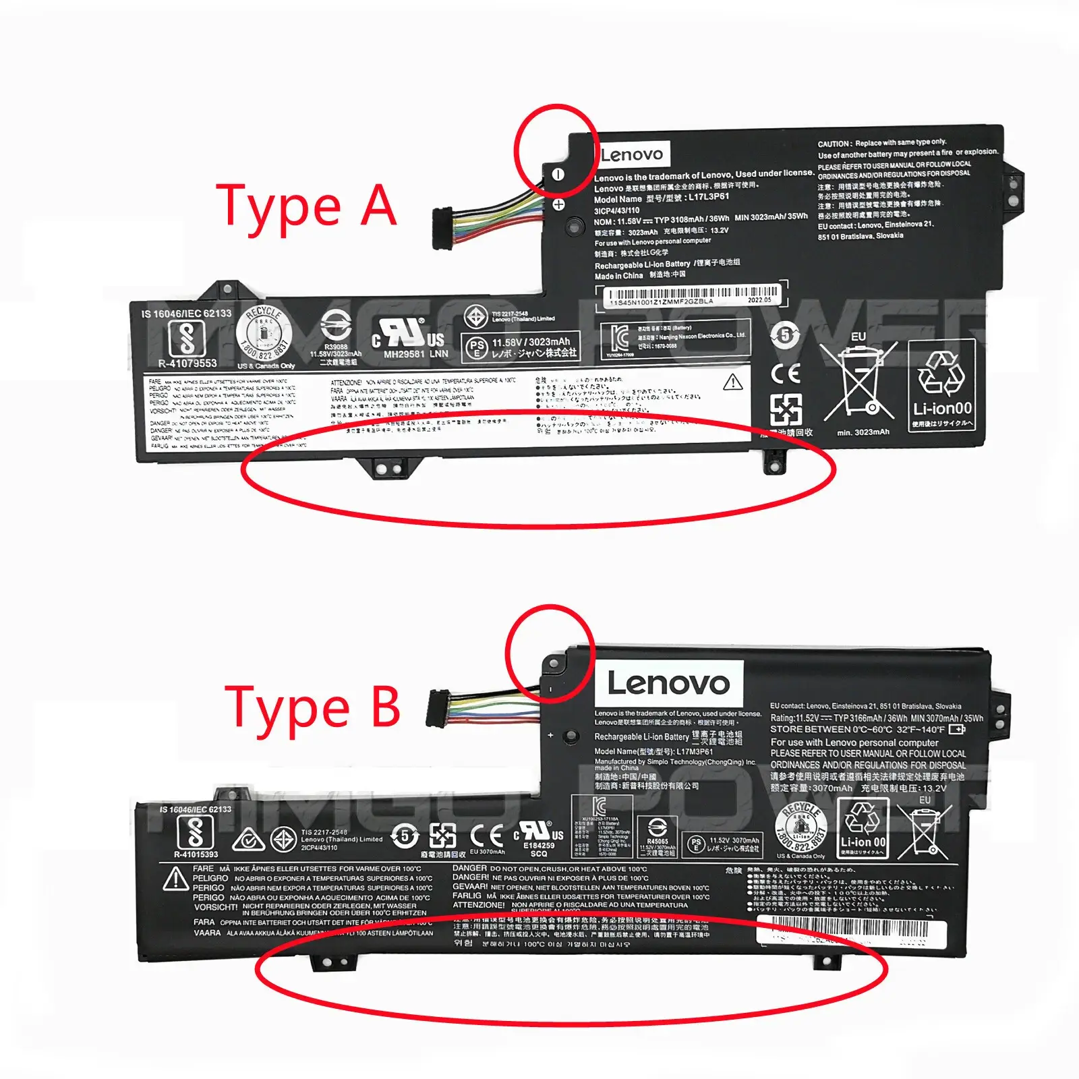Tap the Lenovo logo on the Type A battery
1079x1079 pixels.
pyautogui.click(x=632, y=154)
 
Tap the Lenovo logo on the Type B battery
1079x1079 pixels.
pyautogui.click(x=668, y=684)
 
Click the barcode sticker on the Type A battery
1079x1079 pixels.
pyautogui.click(x=689, y=295)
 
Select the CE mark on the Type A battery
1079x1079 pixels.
pyautogui.click(x=785, y=373)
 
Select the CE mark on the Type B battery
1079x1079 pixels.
pyautogui.click(x=486, y=836)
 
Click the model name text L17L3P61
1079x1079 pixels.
pyautogui.click(x=709, y=197)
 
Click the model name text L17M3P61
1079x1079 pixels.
pyautogui.click(x=695, y=751)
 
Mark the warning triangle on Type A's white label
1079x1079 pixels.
pyautogui.click(x=732, y=383)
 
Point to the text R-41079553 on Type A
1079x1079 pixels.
pyautogui.click(x=187, y=363)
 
